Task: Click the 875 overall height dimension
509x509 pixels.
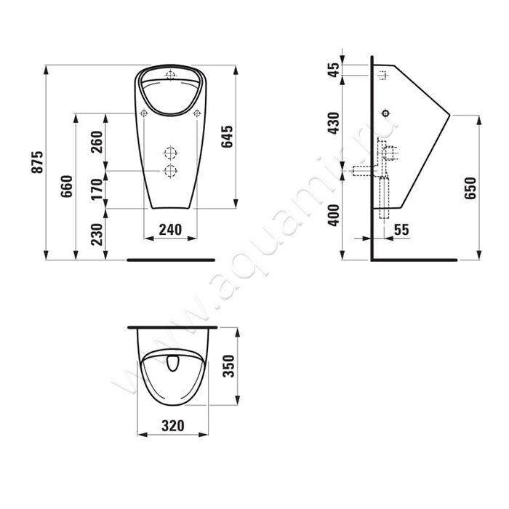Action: pyautogui.click(x=37, y=162)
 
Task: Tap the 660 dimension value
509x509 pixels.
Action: pyautogui.click(x=67, y=186)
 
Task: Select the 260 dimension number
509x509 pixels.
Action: pyautogui.click(x=97, y=143)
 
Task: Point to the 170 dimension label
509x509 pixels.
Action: pyautogui.click(x=97, y=189)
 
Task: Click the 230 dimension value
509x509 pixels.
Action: pyautogui.click(x=97, y=234)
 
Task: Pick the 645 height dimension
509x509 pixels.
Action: pyautogui.click(x=227, y=137)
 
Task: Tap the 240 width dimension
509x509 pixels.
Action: pyautogui.click(x=170, y=230)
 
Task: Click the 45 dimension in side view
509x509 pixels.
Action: pyautogui.click(x=334, y=70)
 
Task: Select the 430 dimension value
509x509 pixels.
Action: pyautogui.click(x=334, y=124)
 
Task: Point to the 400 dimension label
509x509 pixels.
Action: pyautogui.click(x=334, y=215)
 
